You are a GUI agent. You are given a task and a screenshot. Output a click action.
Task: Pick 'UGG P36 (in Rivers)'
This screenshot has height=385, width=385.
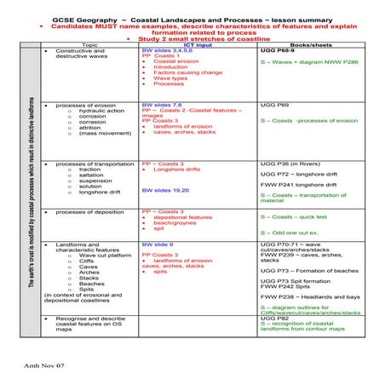(290, 162)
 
